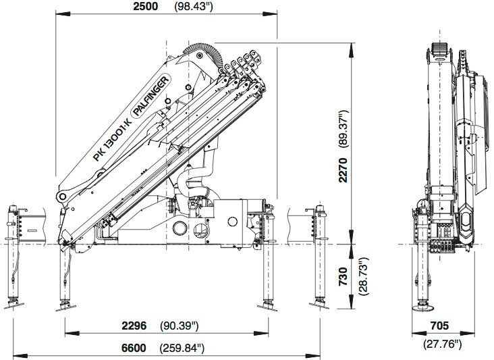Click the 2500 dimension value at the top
145,6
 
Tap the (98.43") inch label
194,7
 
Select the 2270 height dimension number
343,170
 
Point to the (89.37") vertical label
344,128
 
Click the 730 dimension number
343,276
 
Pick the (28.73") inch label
363,276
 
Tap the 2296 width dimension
134,326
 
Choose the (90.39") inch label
180,326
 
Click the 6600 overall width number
134,348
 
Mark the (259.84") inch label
182,349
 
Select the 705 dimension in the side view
439,326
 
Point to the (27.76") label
442,344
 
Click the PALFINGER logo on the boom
150,96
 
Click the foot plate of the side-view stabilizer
422,307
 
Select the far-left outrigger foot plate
14,305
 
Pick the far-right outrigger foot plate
319,305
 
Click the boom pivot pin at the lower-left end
62,197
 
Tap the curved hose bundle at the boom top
204,53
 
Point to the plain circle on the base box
232,222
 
